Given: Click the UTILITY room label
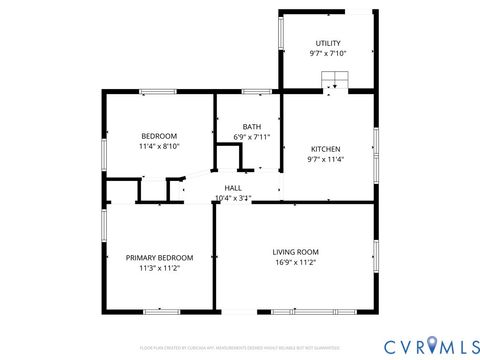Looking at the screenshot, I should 327,43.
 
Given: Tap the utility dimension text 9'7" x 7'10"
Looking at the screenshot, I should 327,54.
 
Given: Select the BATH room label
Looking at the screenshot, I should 251,126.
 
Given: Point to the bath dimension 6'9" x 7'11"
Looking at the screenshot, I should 251,137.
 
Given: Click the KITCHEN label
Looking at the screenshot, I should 326,148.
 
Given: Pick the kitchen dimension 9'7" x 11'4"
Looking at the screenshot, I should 326,159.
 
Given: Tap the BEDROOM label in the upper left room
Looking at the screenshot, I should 158,136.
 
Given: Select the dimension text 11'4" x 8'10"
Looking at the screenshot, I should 158,147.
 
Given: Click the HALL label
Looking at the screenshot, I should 233,187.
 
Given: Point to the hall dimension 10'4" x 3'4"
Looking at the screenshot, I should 233,198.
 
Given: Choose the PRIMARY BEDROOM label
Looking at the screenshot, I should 159,257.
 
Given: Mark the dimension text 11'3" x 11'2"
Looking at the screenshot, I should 159,268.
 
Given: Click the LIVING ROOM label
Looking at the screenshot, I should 295,251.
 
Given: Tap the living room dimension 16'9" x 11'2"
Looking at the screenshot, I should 295,262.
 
